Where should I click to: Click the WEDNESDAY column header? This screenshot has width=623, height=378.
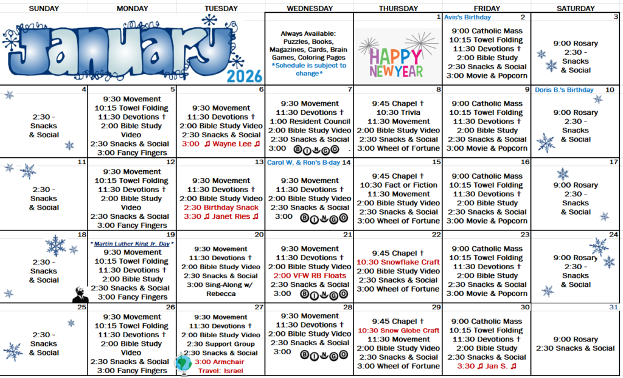(x=309, y=9)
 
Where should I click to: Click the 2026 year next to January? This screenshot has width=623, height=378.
(x=245, y=76)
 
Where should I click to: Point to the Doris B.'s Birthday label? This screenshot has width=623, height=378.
(x=564, y=90)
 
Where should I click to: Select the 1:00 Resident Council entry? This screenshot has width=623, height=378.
(x=309, y=121)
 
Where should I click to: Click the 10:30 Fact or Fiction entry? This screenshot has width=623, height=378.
(x=398, y=185)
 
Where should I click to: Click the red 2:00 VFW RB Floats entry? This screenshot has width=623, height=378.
(x=309, y=275)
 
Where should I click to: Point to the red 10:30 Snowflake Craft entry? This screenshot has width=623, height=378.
(x=398, y=262)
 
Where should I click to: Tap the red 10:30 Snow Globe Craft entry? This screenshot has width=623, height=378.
(x=398, y=330)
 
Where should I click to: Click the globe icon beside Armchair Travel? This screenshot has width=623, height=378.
(x=183, y=363)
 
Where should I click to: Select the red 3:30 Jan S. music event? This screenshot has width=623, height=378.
(x=486, y=366)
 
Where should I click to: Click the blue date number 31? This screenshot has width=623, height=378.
(x=613, y=307)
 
